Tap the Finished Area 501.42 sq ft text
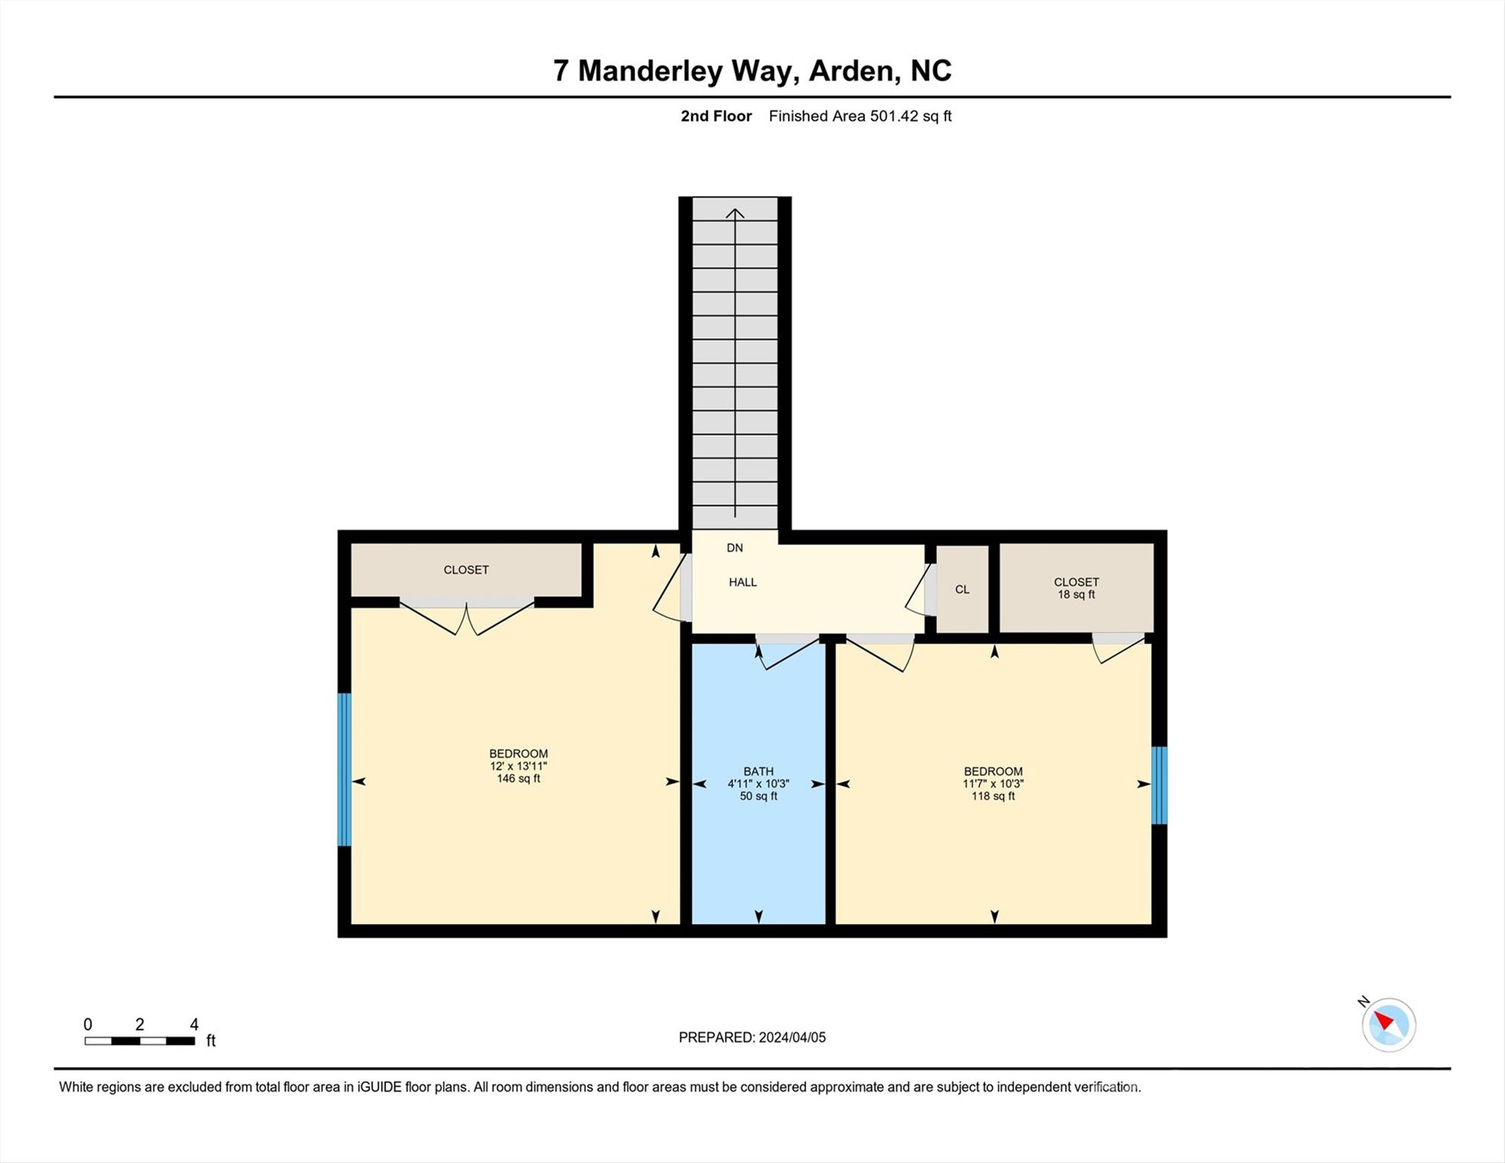(x=860, y=117)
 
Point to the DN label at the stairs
(x=734, y=548)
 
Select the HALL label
(x=743, y=582)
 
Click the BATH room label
(x=758, y=772)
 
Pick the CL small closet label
(x=962, y=590)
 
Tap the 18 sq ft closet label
(x=1076, y=595)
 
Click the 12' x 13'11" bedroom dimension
(x=518, y=766)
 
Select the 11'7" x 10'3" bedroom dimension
(x=992, y=784)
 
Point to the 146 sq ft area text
(x=518, y=779)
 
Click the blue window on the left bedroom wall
(x=344, y=769)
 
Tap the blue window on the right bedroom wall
(x=1159, y=786)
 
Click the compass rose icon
(x=1388, y=1025)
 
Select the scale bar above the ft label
(x=139, y=1041)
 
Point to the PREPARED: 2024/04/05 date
(x=752, y=1038)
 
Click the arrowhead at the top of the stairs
(x=735, y=214)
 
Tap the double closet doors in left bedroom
(x=467, y=616)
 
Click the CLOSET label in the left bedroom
(x=466, y=570)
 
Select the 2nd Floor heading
(x=715, y=117)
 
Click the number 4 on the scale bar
(x=194, y=1024)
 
